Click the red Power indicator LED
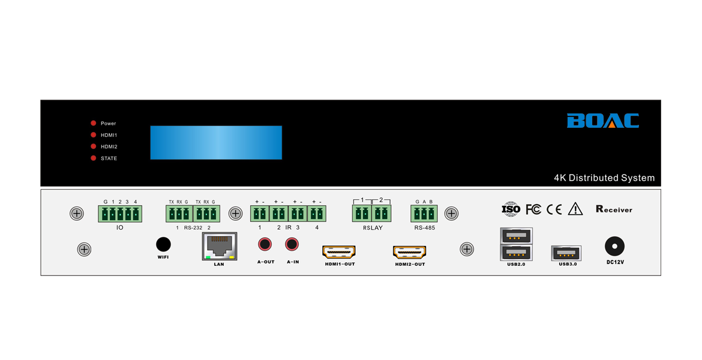(x=94, y=124)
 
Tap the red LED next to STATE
(x=94, y=158)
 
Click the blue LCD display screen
(x=216, y=142)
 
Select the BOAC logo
(x=602, y=121)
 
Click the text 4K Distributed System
(x=604, y=178)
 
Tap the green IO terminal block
(x=120, y=214)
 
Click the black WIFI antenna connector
(x=163, y=244)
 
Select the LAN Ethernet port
(x=219, y=246)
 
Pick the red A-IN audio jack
(x=292, y=244)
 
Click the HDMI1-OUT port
(x=339, y=251)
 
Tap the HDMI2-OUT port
(x=409, y=251)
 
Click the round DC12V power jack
(x=614, y=246)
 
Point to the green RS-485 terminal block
(x=424, y=214)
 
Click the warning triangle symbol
(x=575, y=209)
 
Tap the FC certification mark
(x=533, y=209)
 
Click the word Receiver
(x=614, y=209)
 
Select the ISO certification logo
(x=511, y=209)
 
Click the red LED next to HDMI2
(x=94, y=146)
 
